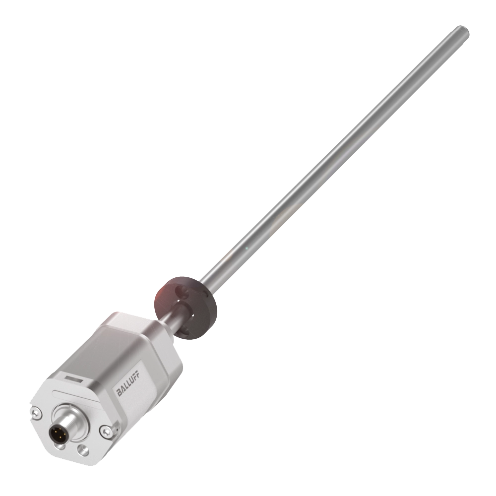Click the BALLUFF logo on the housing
click(x=128, y=386)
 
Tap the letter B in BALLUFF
click(x=119, y=394)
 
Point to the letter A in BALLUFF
click(x=123, y=391)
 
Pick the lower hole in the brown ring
click(x=188, y=329)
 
